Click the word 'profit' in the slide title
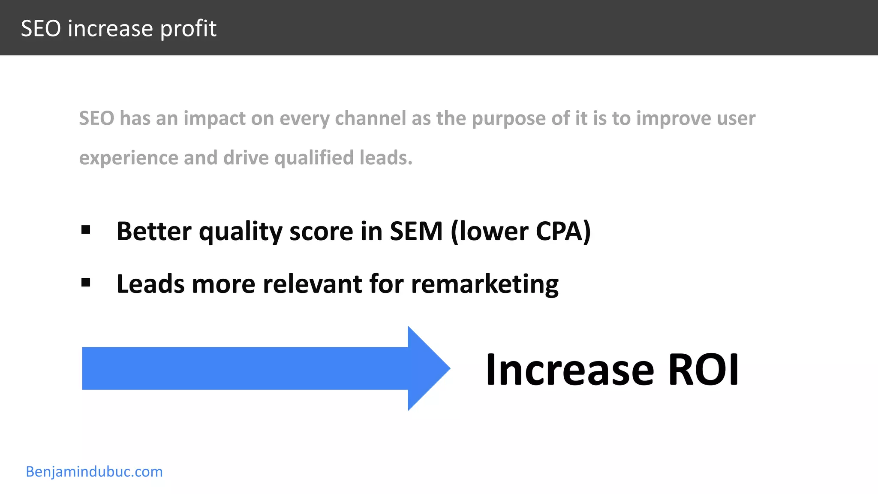click(x=188, y=29)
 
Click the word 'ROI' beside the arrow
click(x=703, y=370)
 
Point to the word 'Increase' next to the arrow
click(x=570, y=370)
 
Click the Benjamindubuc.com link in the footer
click(x=94, y=472)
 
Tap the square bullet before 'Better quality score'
click(x=86, y=230)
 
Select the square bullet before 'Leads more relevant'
click(x=86, y=283)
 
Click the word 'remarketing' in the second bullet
click(x=485, y=284)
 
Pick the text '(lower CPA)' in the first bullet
click(x=520, y=231)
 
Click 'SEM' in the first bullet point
click(x=416, y=231)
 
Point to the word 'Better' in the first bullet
click(x=153, y=231)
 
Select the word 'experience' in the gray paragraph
click(x=128, y=158)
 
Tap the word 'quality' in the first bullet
click(x=241, y=232)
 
